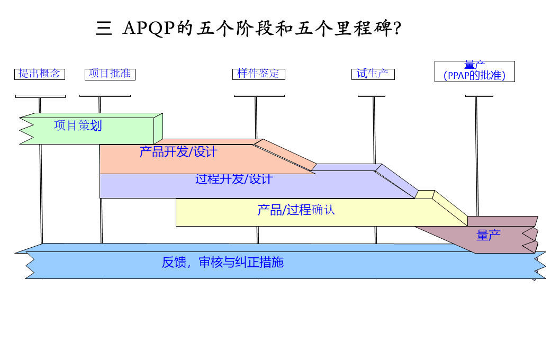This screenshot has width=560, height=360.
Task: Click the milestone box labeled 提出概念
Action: (39, 74)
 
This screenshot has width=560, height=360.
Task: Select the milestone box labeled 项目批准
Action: (110, 74)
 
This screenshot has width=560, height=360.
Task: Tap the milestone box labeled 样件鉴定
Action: (258, 74)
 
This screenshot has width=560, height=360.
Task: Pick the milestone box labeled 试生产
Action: (373, 74)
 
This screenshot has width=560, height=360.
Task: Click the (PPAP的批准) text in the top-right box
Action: (474, 76)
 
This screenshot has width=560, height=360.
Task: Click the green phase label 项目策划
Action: (78, 125)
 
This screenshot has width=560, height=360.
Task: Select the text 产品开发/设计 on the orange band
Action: (178, 152)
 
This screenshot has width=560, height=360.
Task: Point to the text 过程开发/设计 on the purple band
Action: (233, 179)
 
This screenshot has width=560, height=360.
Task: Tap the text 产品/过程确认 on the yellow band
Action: (296, 210)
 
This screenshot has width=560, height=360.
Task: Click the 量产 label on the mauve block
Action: (488, 236)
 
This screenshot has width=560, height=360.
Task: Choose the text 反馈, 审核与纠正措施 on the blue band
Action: (222, 262)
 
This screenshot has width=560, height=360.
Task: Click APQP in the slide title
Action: (149, 28)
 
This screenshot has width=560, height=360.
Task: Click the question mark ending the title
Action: (398, 29)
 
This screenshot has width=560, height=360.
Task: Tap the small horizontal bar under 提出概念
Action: (40, 96)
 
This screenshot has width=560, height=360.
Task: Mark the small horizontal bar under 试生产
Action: (371, 96)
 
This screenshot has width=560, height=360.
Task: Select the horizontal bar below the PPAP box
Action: (479, 96)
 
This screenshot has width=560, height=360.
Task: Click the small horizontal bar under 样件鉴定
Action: (259, 96)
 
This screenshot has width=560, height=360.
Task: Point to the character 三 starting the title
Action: (103, 29)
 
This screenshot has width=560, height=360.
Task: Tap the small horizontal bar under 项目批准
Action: (105, 96)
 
